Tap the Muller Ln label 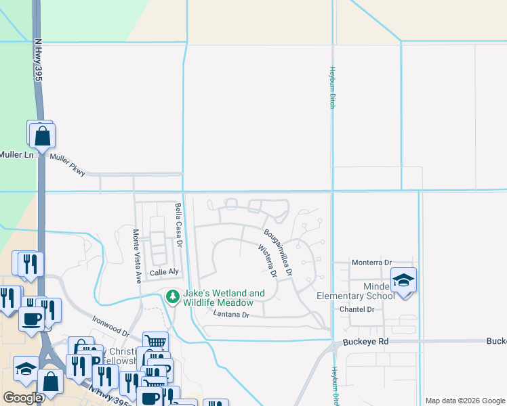click(16, 155)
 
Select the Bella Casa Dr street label click(179, 225)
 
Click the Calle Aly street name click(163, 272)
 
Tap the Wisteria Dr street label click(267, 261)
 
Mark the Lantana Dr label click(232, 315)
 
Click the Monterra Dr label click(371, 263)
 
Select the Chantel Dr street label click(357, 309)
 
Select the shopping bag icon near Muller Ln click(42, 136)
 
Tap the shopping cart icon click(155, 342)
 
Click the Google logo click(23, 397)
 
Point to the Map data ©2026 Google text click(465, 401)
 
